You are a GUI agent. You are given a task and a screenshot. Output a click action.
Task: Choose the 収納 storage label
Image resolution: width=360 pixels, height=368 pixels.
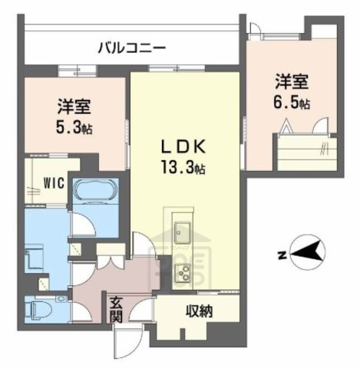199,312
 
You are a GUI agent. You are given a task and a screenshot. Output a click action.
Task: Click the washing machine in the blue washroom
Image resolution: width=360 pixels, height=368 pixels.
37,259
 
